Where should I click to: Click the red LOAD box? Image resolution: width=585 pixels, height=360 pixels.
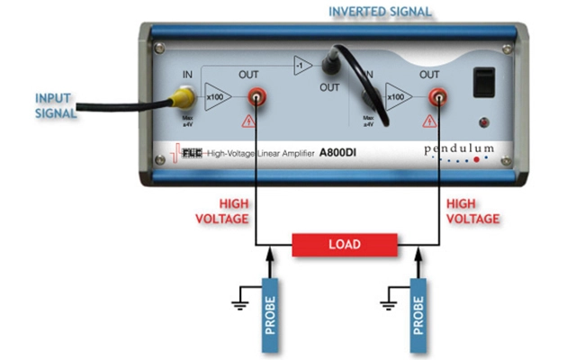pos(346,244)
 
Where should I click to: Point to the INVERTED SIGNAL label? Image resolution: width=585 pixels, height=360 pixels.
pos(380,12)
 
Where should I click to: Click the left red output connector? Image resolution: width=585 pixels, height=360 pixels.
pos(256,94)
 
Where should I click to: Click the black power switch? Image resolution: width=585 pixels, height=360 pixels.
pos(487,84)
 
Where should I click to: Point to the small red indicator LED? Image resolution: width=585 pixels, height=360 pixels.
pos(487,121)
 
